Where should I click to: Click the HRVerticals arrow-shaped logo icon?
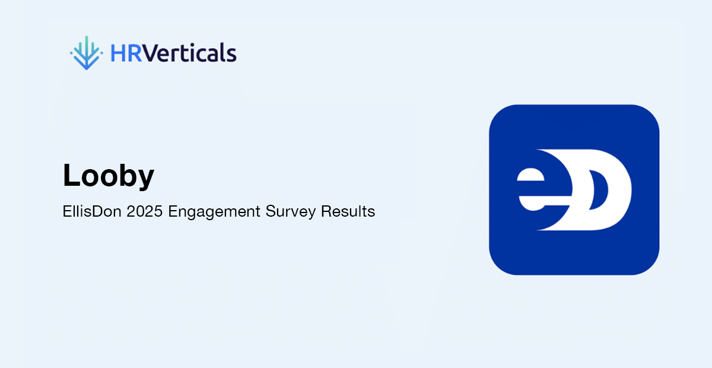[87, 53]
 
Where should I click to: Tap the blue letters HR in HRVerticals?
[126, 53]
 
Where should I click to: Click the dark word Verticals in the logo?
[189, 52]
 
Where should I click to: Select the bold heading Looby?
[109, 175]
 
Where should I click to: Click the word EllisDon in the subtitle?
[92, 211]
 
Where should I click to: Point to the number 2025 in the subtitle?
[145, 211]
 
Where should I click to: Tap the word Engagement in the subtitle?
[214, 212]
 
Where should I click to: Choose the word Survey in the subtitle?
[291, 212]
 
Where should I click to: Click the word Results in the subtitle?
[348, 211]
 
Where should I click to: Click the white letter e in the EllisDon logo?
[541, 189]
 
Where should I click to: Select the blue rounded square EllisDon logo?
[574, 190]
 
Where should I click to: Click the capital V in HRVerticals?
[150, 53]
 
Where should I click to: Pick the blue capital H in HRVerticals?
[118, 53]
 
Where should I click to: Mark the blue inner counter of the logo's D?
[597, 190]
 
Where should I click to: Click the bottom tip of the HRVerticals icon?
[87, 69]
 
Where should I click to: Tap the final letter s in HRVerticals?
[232, 55]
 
